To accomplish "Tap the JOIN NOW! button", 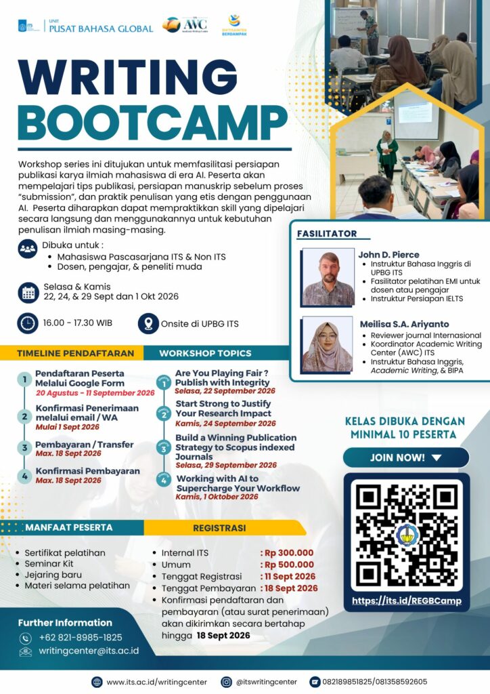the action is tap(405, 457).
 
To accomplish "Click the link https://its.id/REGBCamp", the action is tap(407, 600).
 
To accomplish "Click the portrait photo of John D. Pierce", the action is tap(328, 277).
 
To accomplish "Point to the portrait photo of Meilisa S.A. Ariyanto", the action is tap(328, 344).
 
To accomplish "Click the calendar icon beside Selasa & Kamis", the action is tap(28, 293).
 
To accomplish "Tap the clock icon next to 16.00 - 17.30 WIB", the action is tap(28, 323).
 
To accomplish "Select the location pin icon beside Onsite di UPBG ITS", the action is tap(148, 323).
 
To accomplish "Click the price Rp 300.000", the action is tap(289, 553).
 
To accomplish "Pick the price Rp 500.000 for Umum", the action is tap(289, 565).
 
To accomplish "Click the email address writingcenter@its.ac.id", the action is tap(89, 651).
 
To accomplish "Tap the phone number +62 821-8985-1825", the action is tap(81, 638).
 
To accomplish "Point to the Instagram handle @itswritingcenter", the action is tap(267, 682).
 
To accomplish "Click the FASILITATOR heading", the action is tap(327, 234).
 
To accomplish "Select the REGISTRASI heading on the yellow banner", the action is tap(219, 528).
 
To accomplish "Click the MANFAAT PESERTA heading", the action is tap(69, 527).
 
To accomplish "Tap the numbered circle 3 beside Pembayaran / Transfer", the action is tap(25, 448).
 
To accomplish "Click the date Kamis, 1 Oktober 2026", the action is tap(217, 497).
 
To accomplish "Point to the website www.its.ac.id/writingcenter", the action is tap(157, 682).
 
